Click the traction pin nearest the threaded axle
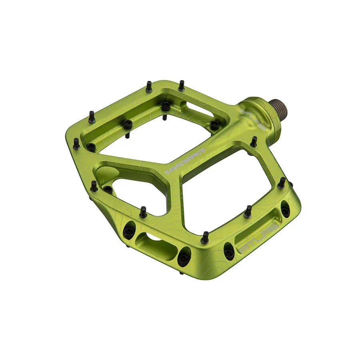click(x=254, y=141)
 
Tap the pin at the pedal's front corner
click(x=205, y=238)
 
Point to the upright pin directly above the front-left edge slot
click(x=143, y=212)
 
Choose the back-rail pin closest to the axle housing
click(x=181, y=85)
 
